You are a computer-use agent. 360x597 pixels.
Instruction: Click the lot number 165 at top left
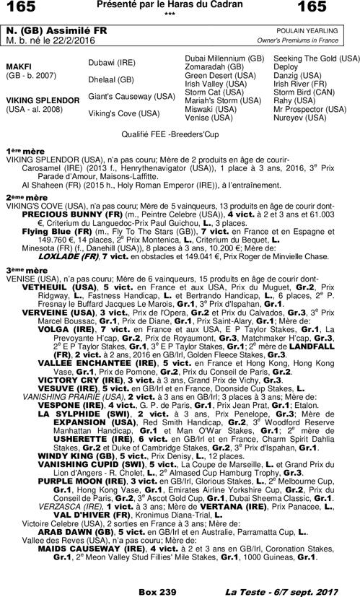21,8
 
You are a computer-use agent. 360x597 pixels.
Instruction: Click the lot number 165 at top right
338,8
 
